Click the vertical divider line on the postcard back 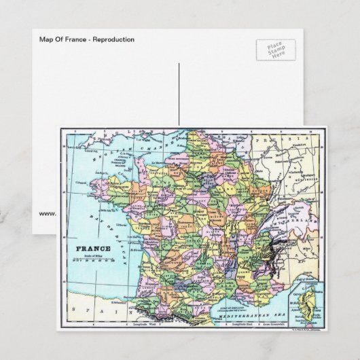coord(179,95)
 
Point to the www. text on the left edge coord(48,213)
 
